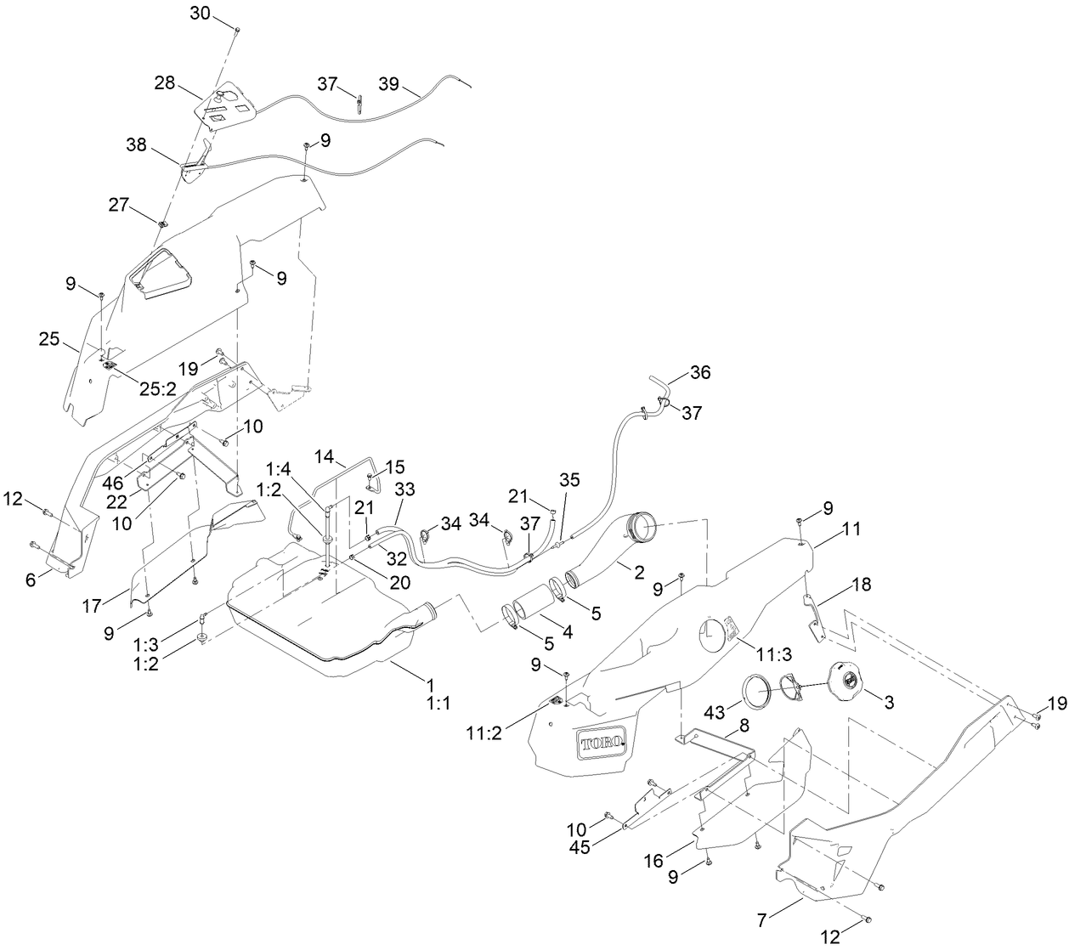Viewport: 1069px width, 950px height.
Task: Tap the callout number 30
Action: point(199,14)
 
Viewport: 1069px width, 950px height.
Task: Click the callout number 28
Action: point(164,82)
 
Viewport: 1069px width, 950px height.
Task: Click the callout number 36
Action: point(700,372)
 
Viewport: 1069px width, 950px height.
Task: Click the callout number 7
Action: point(761,919)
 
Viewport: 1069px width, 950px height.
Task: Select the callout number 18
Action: point(861,585)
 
